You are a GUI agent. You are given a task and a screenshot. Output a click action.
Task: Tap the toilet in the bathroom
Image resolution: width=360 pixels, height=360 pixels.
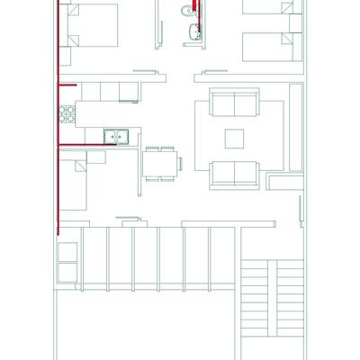click(x=186, y=11)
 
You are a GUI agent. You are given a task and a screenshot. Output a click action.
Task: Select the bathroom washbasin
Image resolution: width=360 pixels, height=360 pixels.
click(x=191, y=34)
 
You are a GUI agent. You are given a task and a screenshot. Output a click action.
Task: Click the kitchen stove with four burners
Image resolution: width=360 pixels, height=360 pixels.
click(x=67, y=114)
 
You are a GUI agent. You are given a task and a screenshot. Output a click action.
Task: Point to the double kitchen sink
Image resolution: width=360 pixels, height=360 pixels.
click(x=116, y=137)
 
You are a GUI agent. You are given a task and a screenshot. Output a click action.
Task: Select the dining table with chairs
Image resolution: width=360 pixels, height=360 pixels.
click(x=159, y=163)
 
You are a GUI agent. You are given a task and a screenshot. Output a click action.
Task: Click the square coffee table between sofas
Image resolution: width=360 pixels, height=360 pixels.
click(x=234, y=138)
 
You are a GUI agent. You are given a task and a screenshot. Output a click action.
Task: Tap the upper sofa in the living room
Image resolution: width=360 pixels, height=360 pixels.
click(x=234, y=103)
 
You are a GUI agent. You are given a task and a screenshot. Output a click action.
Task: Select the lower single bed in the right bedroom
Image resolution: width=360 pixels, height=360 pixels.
click(x=271, y=45)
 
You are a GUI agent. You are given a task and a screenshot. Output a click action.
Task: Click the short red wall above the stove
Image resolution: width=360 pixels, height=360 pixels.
click(x=67, y=84)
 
